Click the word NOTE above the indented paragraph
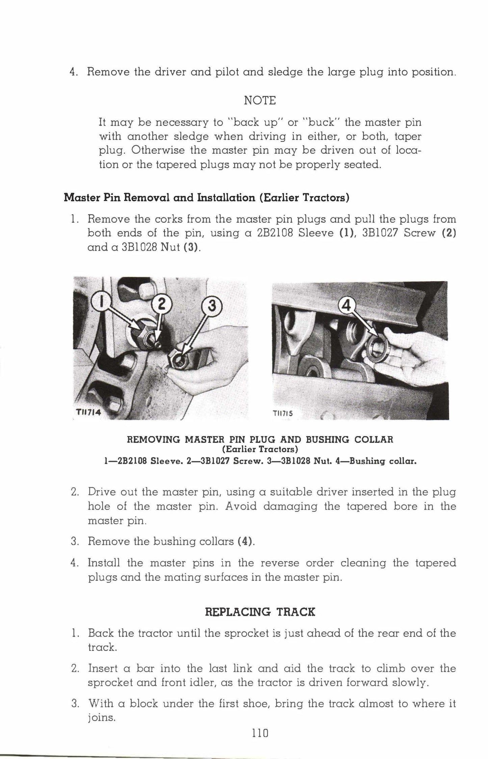point(260,100)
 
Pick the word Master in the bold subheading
point(81,197)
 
